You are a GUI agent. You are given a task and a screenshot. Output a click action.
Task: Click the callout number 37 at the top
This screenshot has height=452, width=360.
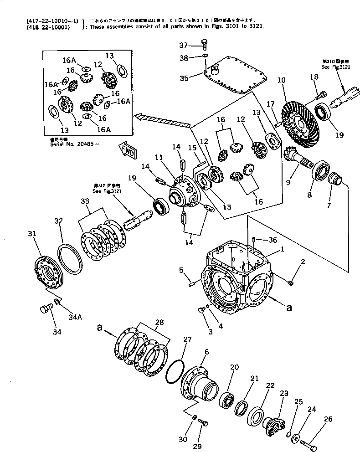(183, 45)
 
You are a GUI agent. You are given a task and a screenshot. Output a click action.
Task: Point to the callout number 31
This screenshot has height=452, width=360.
(31, 234)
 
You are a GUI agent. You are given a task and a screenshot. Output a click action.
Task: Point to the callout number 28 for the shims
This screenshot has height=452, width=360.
(158, 323)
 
